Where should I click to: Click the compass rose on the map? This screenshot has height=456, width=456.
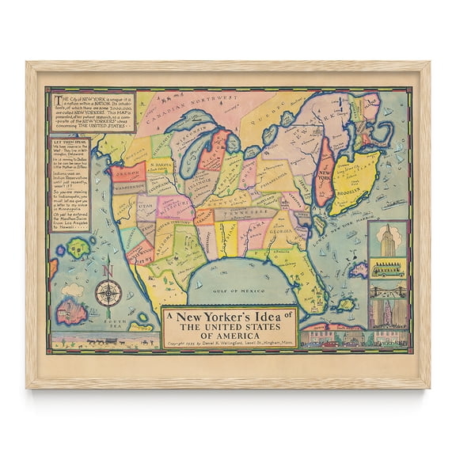tap(108, 293)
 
